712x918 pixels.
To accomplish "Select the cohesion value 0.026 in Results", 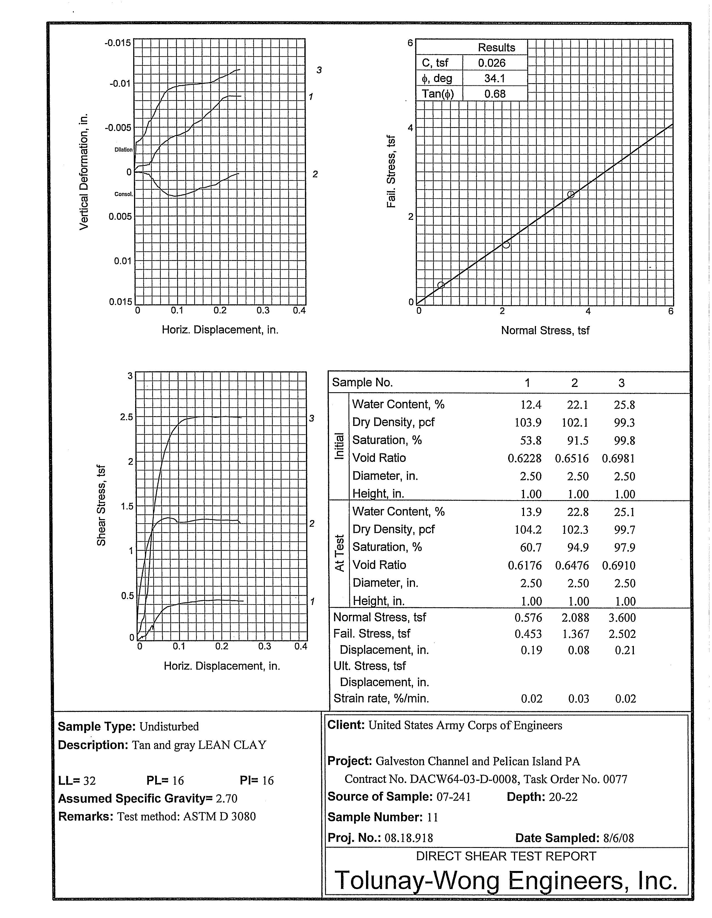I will (x=491, y=63).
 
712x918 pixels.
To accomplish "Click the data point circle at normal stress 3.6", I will (x=570, y=194).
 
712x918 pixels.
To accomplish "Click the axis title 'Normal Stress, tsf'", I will (x=545, y=330).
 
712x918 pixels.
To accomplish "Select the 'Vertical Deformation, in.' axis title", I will (x=84, y=171).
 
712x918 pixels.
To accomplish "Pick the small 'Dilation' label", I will (x=123, y=150).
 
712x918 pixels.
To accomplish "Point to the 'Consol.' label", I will (x=123, y=194).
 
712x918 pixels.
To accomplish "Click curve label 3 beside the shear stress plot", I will (x=311, y=418).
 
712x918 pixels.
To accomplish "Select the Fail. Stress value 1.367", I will (x=575, y=634).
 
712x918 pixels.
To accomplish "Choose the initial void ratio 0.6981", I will (x=618, y=458).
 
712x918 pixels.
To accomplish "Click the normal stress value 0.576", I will (x=528, y=618).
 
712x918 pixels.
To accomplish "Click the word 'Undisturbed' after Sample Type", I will (x=169, y=726).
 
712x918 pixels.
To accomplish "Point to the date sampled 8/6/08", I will (x=618, y=838).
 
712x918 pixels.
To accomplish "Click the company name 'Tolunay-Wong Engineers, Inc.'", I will (x=506, y=880).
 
